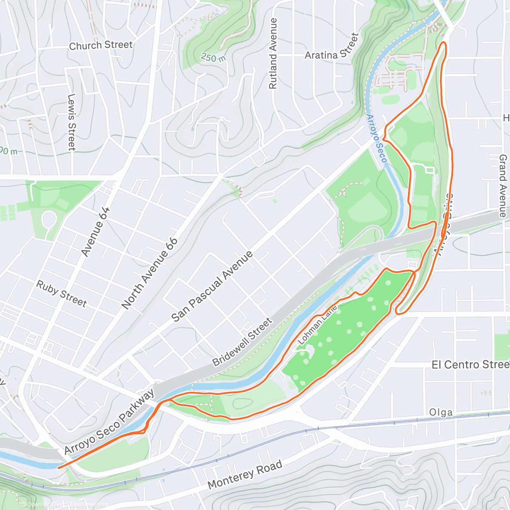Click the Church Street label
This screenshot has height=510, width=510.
[x=101, y=45]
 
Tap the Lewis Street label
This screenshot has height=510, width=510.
[x=71, y=122]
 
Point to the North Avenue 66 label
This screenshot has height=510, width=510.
[x=150, y=273]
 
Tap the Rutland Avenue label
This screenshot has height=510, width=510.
[x=273, y=54]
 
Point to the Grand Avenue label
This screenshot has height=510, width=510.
[x=503, y=186]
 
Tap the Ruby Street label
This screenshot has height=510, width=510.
[x=62, y=294]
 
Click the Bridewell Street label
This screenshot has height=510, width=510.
[x=242, y=343]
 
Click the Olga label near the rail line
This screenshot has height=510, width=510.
[x=441, y=412]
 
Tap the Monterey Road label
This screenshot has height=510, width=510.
[x=245, y=474]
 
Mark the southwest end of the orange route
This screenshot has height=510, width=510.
[x=58, y=467]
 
